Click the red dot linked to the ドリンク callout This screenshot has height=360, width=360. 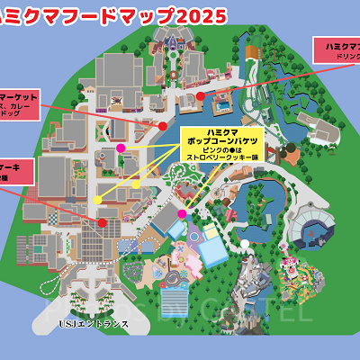coord(200,94)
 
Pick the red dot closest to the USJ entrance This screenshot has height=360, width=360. coord(103,222)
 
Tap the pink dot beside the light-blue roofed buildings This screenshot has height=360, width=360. coord(182,213)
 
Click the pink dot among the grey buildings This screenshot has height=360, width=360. coord(121,147)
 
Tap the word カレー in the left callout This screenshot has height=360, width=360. coord(42,105)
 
